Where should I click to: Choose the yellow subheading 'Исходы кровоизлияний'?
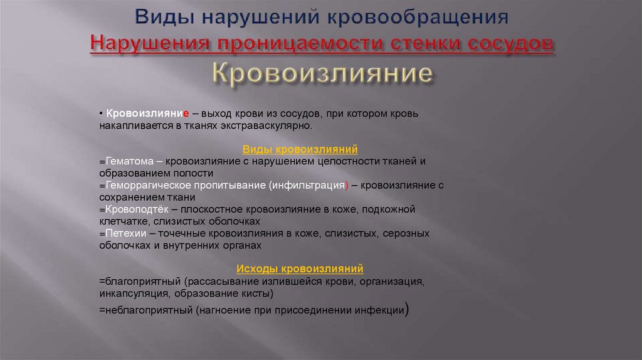(300, 268)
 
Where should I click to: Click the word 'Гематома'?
(124, 161)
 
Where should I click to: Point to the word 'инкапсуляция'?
(128, 293)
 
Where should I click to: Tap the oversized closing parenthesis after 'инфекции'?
(408, 309)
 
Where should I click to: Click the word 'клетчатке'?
(121, 221)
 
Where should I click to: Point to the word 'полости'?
(196, 173)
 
